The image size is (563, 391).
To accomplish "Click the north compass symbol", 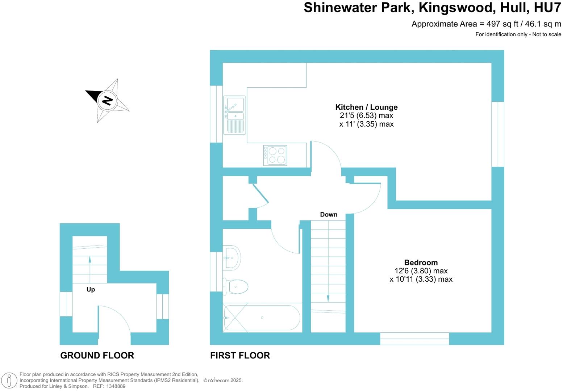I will pyautogui.click(x=107, y=100).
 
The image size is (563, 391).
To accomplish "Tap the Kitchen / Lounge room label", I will pyautogui.click(x=366, y=107).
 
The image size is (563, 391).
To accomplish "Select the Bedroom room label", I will pyautogui.click(x=421, y=262).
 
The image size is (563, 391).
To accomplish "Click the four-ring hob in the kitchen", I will pyautogui.click(x=275, y=155).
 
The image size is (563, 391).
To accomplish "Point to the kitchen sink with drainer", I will pyautogui.click(x=234, y=115).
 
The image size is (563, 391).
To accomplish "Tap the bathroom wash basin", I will pyautogui.click(x=232, y=258).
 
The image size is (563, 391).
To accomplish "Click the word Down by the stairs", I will pyautogui.click(x=329, y=215).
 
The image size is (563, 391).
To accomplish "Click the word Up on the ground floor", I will pyautogui.click(x=91, y=289).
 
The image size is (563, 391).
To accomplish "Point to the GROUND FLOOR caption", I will pyautogui.click(x=97, y=356).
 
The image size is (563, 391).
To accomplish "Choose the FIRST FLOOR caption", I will pyautogui.click(x=240, y=356).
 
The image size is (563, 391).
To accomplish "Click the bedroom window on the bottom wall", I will pyautogui.click(x=414, y=339).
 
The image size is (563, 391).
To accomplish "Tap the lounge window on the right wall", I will pyautogui.click(x=498, y=134).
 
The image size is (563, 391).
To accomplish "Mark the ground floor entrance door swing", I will pyautogui.click(x=114, y=322).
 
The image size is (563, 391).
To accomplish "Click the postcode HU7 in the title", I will pyautogui.click(x=547, y=8).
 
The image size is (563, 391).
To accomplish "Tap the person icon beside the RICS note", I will pyautogui.click(x=10, y=381).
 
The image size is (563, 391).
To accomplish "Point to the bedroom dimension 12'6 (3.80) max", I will pyautogui.click(x=421, y=271).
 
